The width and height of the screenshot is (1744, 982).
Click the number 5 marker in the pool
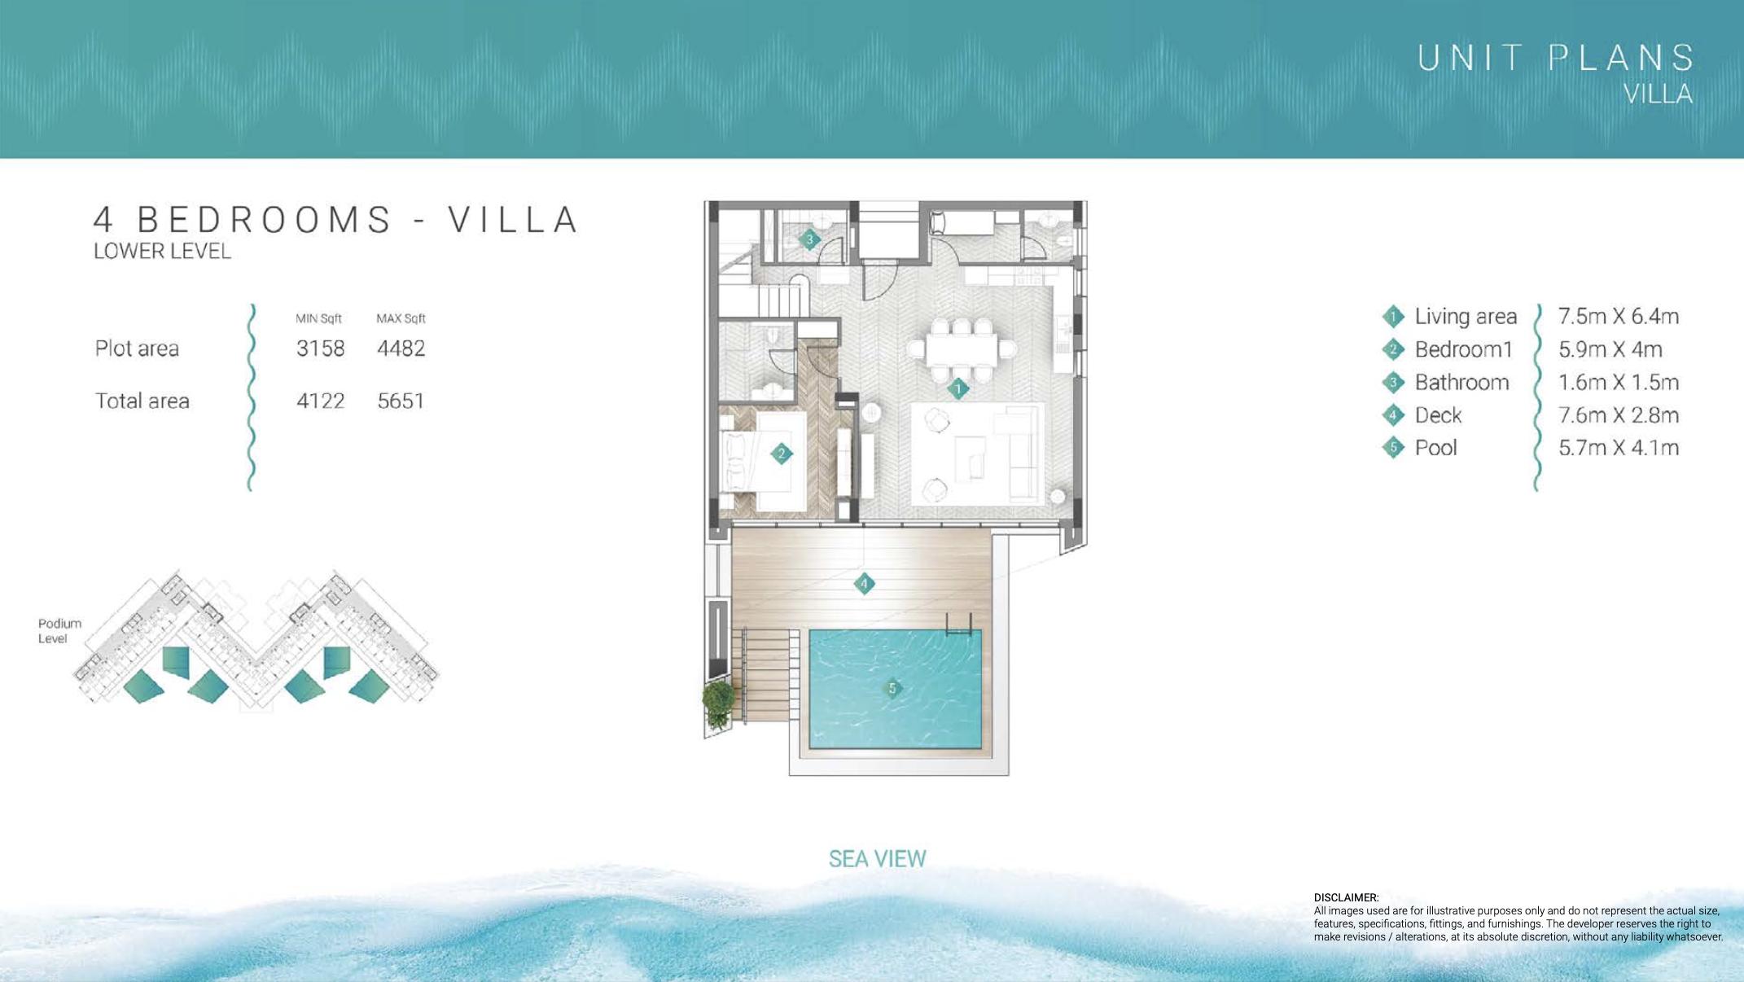892,688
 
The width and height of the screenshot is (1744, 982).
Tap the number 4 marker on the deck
864,583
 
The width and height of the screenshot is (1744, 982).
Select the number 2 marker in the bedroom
782,454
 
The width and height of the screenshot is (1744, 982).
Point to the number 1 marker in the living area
958,388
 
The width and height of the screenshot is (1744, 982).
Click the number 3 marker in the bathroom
809,239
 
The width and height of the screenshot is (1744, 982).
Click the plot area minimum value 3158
320,349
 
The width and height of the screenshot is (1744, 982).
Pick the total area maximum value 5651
401,401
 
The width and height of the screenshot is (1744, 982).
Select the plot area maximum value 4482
401,349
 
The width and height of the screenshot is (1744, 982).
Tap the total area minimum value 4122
320,401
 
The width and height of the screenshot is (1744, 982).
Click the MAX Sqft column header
401,318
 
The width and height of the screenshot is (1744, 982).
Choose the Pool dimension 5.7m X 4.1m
1618,448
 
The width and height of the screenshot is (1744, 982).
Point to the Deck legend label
1438,415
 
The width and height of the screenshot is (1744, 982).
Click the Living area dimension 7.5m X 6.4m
1618,316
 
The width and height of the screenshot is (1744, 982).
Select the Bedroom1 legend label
1463,349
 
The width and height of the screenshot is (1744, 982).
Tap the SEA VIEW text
877,859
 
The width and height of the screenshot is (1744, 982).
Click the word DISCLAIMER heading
1346,897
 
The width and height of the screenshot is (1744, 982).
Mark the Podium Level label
59,631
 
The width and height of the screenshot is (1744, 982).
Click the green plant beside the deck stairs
718,702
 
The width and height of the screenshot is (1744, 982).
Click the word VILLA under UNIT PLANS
1658,94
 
